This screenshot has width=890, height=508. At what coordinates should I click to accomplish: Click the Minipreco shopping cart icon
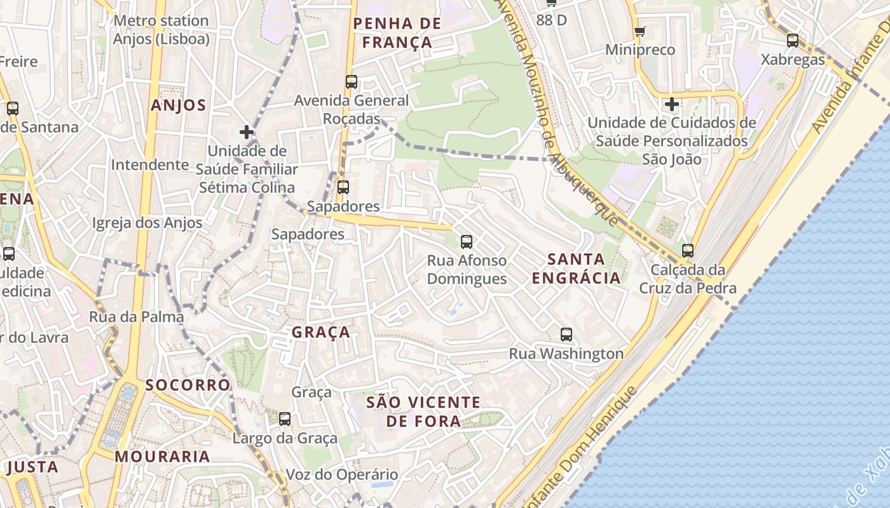[x=640, y=31]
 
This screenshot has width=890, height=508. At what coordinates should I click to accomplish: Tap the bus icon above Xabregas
[x=793, y=41]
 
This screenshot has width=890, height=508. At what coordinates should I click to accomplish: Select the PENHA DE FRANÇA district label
[x=397, y=33]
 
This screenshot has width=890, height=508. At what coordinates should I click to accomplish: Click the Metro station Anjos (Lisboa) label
[x=161, y=30]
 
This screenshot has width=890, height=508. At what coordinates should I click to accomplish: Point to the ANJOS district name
[x=179, y=105]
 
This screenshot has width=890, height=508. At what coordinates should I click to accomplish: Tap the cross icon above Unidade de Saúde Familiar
[x=247, y=132]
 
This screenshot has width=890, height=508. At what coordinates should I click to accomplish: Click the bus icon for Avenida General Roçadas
[x=352, y=82]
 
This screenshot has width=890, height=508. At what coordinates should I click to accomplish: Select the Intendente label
[x=150, y=165]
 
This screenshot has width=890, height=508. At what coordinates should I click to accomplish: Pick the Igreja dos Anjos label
[x=147, y=223]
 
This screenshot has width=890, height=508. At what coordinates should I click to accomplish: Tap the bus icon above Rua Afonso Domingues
[x=467, y=241]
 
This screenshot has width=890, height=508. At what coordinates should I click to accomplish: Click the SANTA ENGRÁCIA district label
[x=576, y=269]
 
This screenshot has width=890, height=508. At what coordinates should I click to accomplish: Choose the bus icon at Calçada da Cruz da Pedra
[x=687, y=251]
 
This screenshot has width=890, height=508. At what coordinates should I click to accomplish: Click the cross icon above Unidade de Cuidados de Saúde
[x=672, y=104]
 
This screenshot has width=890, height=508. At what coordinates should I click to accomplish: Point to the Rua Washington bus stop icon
[x=566, y=335]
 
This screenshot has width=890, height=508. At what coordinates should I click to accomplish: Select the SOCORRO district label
[x=188, y=385]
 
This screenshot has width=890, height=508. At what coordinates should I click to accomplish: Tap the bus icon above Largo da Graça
[x=285, y=419]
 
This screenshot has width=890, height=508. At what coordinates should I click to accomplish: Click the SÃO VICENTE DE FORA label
[x=424, y=411]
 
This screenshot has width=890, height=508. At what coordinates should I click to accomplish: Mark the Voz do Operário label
[x=342, y=474]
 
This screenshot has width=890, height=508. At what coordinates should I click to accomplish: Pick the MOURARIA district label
[x=162, y=457]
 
